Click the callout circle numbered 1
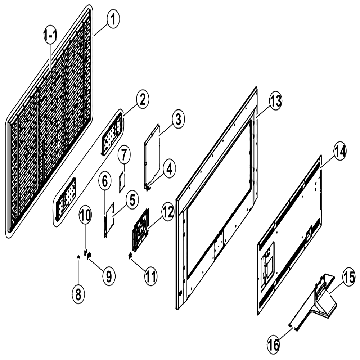pos(113,20)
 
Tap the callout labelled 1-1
pos(50,35)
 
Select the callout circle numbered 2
pos(143,100)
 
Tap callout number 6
pos(105,182)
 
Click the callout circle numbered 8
pos(78,294)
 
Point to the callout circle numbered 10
pos(85,215)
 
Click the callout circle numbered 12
pos(168,212)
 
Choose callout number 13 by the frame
pos(275,101)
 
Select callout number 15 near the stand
pos(349,278)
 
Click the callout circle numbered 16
pos(274,345)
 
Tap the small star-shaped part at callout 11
pos(130,255)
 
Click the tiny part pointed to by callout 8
pos(78,257)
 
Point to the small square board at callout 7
pos(122,182)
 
